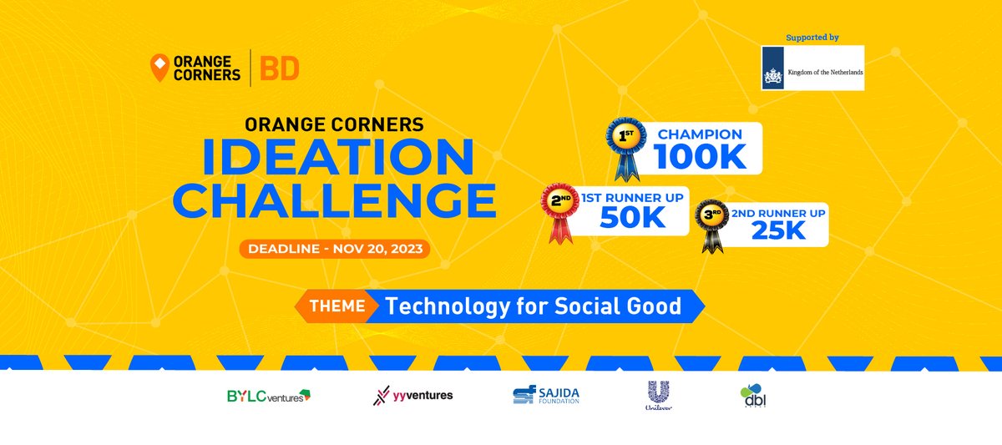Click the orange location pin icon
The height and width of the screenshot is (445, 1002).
coord(157,68)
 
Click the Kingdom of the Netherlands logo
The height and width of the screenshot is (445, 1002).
coord(812,68)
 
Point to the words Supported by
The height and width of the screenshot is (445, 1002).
coord(812,38)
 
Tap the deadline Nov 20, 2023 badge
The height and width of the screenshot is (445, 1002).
coord(334,249)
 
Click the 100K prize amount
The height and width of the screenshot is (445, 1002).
coord(697,156)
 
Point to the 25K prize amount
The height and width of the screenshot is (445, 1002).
coord(777,230)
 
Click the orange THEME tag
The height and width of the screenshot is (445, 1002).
coord(337,306)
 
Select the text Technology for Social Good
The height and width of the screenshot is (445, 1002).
coord(534,306)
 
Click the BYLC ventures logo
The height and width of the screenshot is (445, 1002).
coord(268,396)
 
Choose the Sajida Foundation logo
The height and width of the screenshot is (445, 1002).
coord(546,396)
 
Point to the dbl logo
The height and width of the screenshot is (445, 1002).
coord(753,396)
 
